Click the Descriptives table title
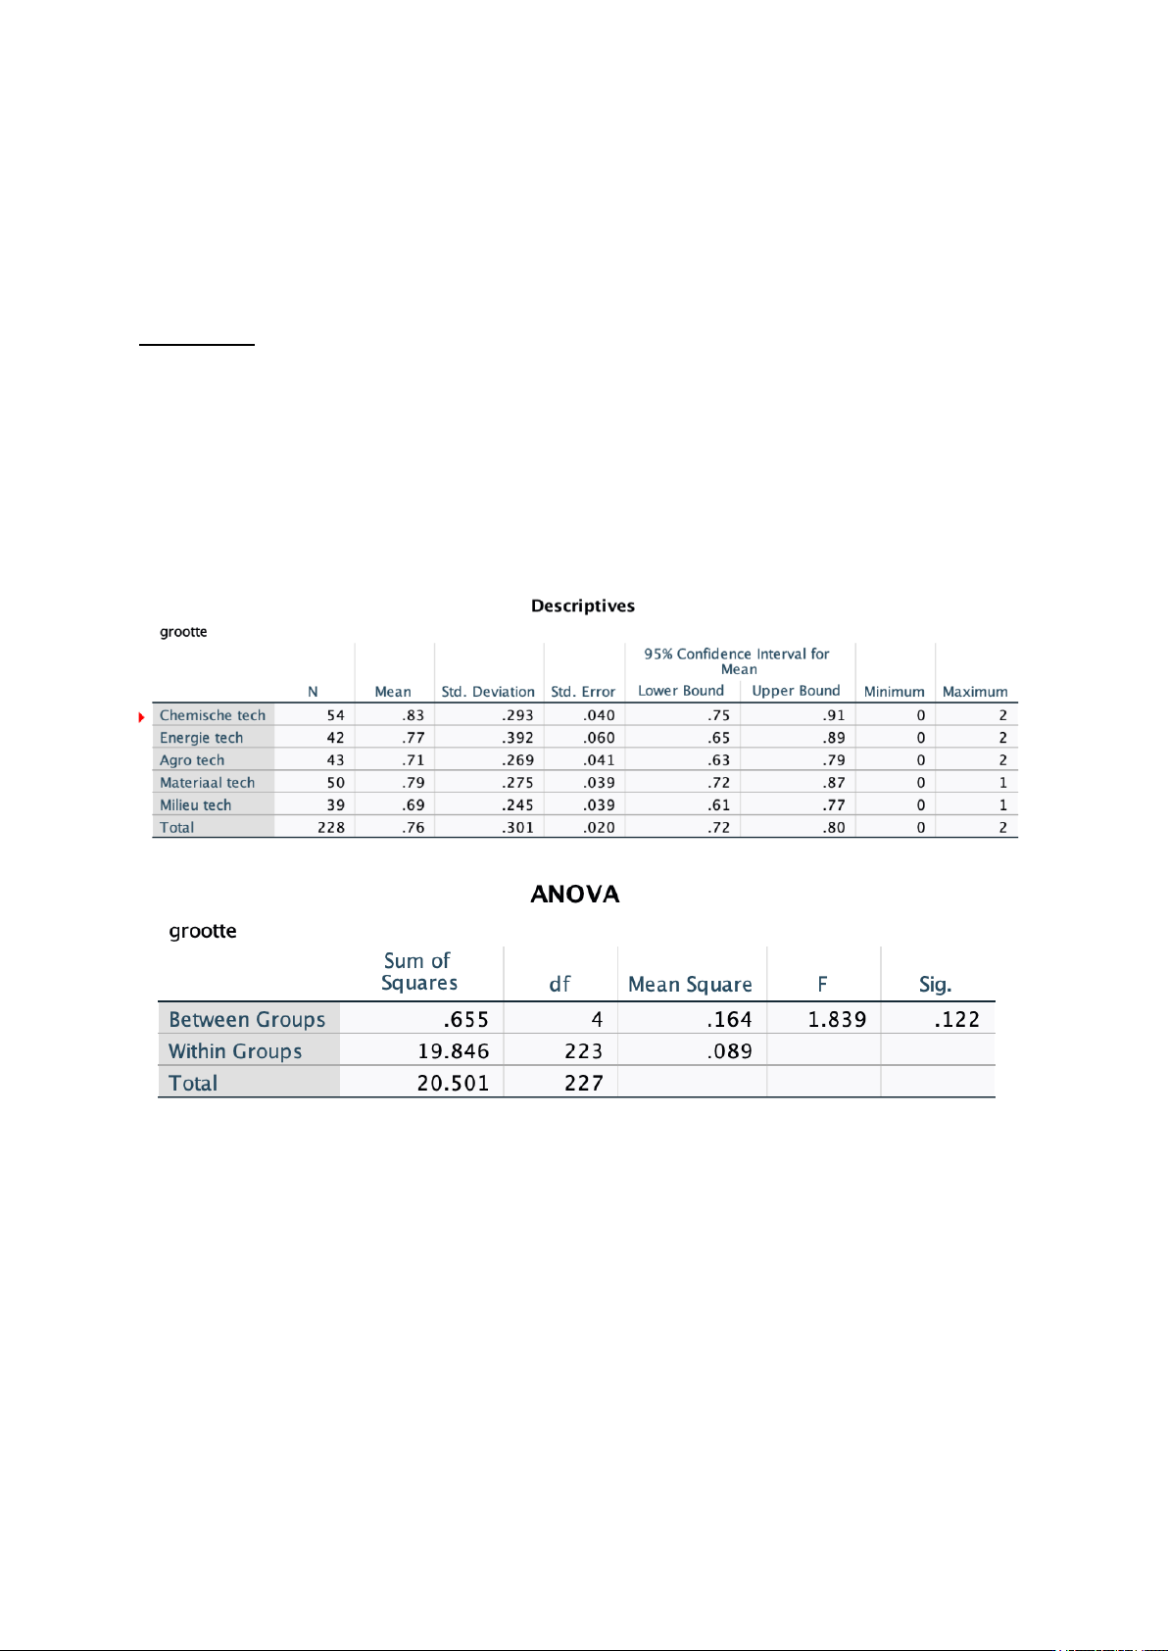(x=582, y=606)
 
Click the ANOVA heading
(x=575, y=894)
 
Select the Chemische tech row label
(x=213, y=715)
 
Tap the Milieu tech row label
(x=196, y=804)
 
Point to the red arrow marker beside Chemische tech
(x=142, y=717)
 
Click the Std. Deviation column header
(x=488, y=692)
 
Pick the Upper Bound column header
(x=796, y=691)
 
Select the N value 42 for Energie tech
(x=335, y=738)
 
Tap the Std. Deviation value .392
(x=517, y=738)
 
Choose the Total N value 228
(x=331, y=827)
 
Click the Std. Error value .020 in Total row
(x=599, y=827)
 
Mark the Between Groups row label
(x=247, y=1019)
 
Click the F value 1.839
(x=837, y=1019)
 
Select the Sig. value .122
(x=956, y=1019)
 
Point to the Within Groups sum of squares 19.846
(x=453, y=1051)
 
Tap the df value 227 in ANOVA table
(x=583, y=1083)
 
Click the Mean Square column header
(x=690, y=985)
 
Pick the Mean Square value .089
(x=729, y=1051)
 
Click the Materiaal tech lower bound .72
(x=718, y=783)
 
